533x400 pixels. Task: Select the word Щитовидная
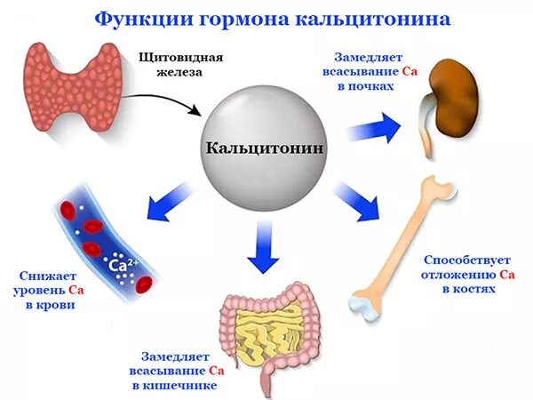(181, 58)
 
